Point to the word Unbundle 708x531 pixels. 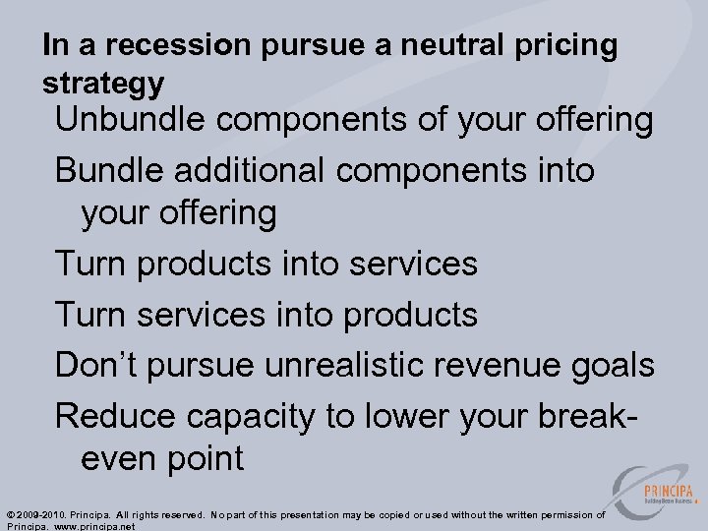point(131,121)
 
